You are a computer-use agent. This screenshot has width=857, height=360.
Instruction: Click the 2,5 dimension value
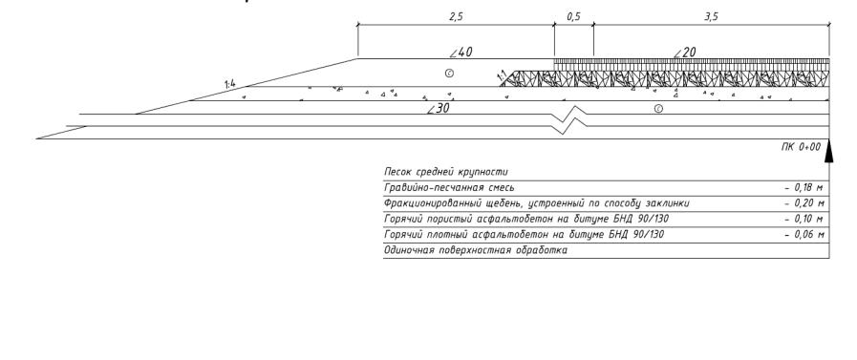tap(456, 17)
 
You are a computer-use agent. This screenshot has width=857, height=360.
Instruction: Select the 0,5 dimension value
tap(573, 17)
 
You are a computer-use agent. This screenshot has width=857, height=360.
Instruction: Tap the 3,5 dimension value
tap(711, 17)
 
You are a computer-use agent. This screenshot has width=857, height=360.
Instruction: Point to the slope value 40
tap(464, 53)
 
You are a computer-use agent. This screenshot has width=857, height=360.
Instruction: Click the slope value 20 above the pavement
tap(689, 53)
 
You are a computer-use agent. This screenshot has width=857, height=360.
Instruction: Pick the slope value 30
tap(442, 109)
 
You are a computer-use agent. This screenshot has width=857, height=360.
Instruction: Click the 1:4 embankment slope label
tap(229, 84)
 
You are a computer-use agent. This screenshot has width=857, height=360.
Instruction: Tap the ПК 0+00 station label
tap(801, 147)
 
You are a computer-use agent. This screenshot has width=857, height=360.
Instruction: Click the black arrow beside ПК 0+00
tap(828, 151)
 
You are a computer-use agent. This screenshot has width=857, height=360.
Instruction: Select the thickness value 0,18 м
tap(804, 188)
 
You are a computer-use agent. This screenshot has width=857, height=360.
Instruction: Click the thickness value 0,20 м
tap(804, 203)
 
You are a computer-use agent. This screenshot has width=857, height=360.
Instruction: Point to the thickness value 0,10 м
tap(804, 219)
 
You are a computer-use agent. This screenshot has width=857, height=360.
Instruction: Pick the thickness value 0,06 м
tap(804, 234)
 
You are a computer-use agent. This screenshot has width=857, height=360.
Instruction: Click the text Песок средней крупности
tap(446, 173)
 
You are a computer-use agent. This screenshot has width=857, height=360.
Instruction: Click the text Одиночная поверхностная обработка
tap(476, 250)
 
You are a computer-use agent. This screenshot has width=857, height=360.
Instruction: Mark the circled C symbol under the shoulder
tap(449, 73)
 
